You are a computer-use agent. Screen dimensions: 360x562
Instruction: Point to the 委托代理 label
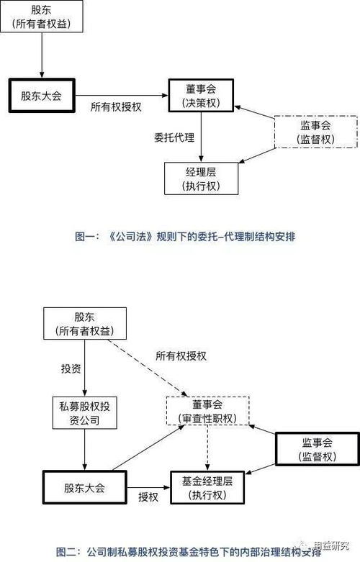click(174, 137)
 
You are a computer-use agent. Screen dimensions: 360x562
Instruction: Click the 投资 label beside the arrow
click(71, 368)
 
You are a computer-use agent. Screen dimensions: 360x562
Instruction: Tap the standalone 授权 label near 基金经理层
click(148, 497)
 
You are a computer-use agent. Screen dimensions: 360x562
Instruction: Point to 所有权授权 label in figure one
click(116, 106)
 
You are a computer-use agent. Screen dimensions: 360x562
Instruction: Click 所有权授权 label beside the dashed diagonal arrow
click(181, 356)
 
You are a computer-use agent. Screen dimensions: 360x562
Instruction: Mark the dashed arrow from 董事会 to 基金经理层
click(207, 448)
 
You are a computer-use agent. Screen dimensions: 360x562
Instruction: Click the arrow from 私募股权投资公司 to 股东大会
click(85, 450)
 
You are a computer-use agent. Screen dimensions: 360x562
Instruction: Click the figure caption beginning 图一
click(185, 237)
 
